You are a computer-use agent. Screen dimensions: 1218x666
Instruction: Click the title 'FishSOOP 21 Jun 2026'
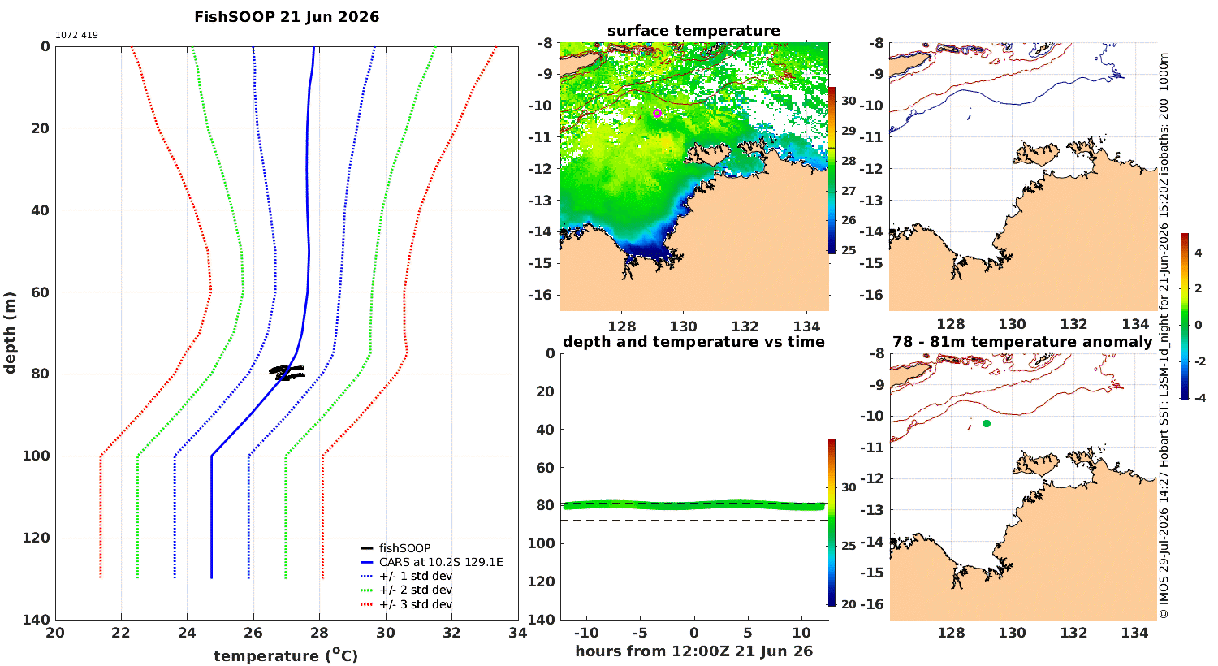(x=287, y=17)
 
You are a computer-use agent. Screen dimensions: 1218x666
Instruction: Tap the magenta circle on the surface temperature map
(x=658, y=113)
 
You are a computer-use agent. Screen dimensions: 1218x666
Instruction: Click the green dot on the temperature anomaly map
(x=987, y=423)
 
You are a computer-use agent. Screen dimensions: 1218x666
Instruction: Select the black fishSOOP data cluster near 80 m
(x=287, y=372)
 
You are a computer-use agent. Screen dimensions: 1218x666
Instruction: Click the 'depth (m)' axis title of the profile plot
(x=10, y=333)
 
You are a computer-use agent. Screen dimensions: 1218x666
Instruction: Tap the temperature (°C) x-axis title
(x=286, y=655)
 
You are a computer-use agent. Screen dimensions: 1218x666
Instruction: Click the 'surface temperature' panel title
(x=693, y=30)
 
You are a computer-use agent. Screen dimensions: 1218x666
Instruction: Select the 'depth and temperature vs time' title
(x=693, y=341)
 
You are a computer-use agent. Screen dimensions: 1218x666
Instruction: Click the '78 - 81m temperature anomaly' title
(x=1022, y=341)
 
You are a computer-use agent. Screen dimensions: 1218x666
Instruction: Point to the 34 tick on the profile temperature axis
(x=518, y=633)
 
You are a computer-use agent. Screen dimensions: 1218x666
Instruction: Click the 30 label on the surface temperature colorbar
(x=849, y=102)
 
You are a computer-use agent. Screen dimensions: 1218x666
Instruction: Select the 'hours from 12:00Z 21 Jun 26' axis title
(x=693, y=651)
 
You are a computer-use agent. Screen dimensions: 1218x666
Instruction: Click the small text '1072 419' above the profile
(x=76, y=36)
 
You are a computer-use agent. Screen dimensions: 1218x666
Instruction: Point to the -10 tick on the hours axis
(x=586, y=633)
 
